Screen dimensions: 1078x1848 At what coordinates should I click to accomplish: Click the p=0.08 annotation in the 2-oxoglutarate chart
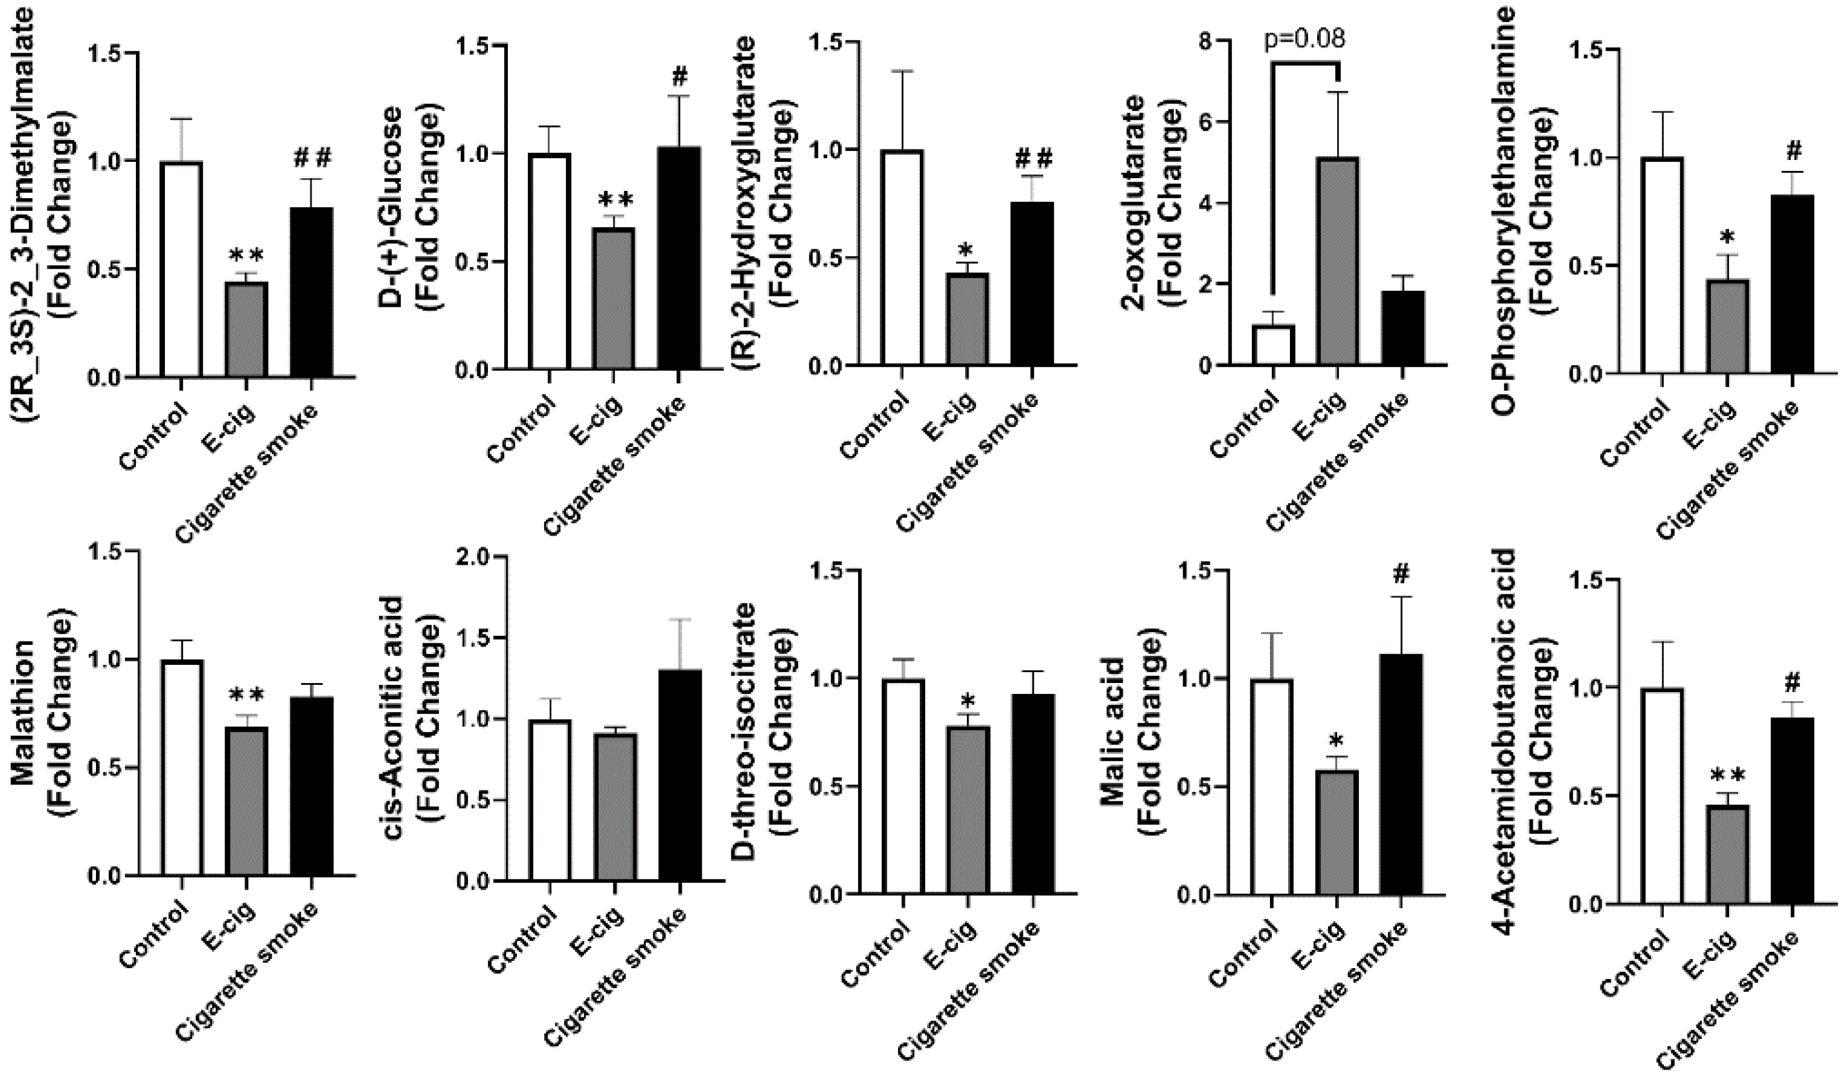click(1304, 37)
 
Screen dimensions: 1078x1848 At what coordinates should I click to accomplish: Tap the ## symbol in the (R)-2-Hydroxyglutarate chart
click(1034, 158)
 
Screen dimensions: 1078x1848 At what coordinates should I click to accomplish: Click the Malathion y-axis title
click(44, 722)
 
